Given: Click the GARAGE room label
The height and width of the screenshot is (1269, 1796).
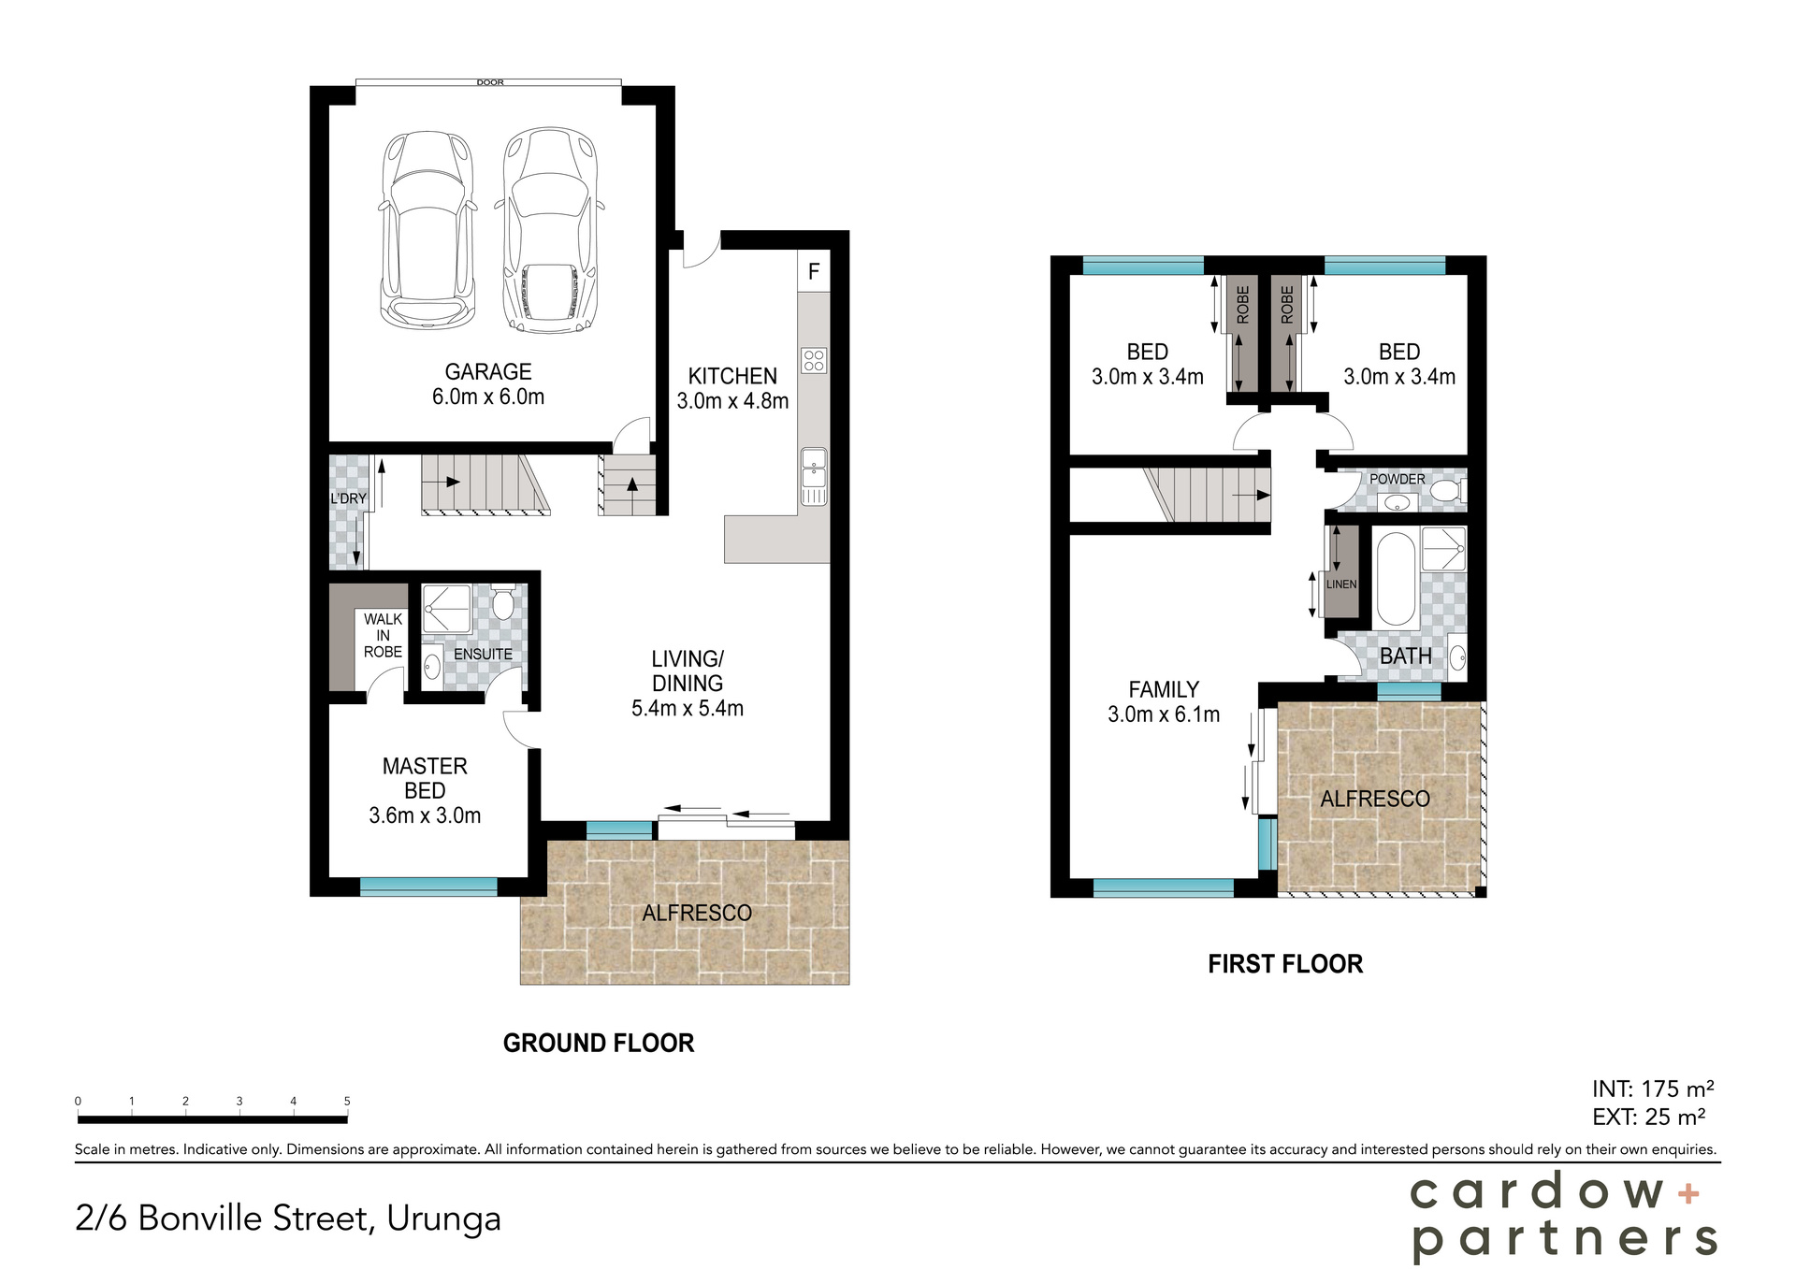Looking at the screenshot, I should (487, 372).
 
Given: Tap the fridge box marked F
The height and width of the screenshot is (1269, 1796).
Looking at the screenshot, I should (814, 271).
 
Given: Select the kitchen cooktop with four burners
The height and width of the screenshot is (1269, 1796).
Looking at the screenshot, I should (814, 360).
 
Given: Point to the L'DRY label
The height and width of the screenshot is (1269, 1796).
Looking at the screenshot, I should (348, 498).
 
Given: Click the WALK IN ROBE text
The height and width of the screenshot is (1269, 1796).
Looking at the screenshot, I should (383, 635).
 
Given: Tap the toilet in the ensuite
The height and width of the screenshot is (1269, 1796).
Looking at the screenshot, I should (502, 604).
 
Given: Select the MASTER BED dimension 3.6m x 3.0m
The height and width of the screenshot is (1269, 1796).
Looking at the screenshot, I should (425, 815).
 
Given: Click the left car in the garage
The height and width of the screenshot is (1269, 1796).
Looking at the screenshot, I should (427, 229).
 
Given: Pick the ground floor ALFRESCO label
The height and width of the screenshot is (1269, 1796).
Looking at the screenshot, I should (696, 913).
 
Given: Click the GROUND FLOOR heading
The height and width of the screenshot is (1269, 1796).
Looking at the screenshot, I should (598, 1044).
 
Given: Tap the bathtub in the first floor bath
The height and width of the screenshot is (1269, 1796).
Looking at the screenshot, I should (1395, 580).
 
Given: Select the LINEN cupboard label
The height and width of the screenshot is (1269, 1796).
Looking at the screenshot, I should (1340, 584).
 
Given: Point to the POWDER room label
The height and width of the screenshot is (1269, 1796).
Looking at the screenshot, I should (1397, 479).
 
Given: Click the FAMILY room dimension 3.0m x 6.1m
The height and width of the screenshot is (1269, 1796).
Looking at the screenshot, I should (1163, 714).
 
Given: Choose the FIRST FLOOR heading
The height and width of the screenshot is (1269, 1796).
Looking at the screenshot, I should (1284, 964).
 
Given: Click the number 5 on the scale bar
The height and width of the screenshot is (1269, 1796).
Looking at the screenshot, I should (347, 1101).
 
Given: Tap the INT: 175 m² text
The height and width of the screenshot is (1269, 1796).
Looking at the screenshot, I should (1652, 1089).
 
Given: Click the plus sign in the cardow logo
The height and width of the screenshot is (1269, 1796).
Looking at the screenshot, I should (1688, 1192).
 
